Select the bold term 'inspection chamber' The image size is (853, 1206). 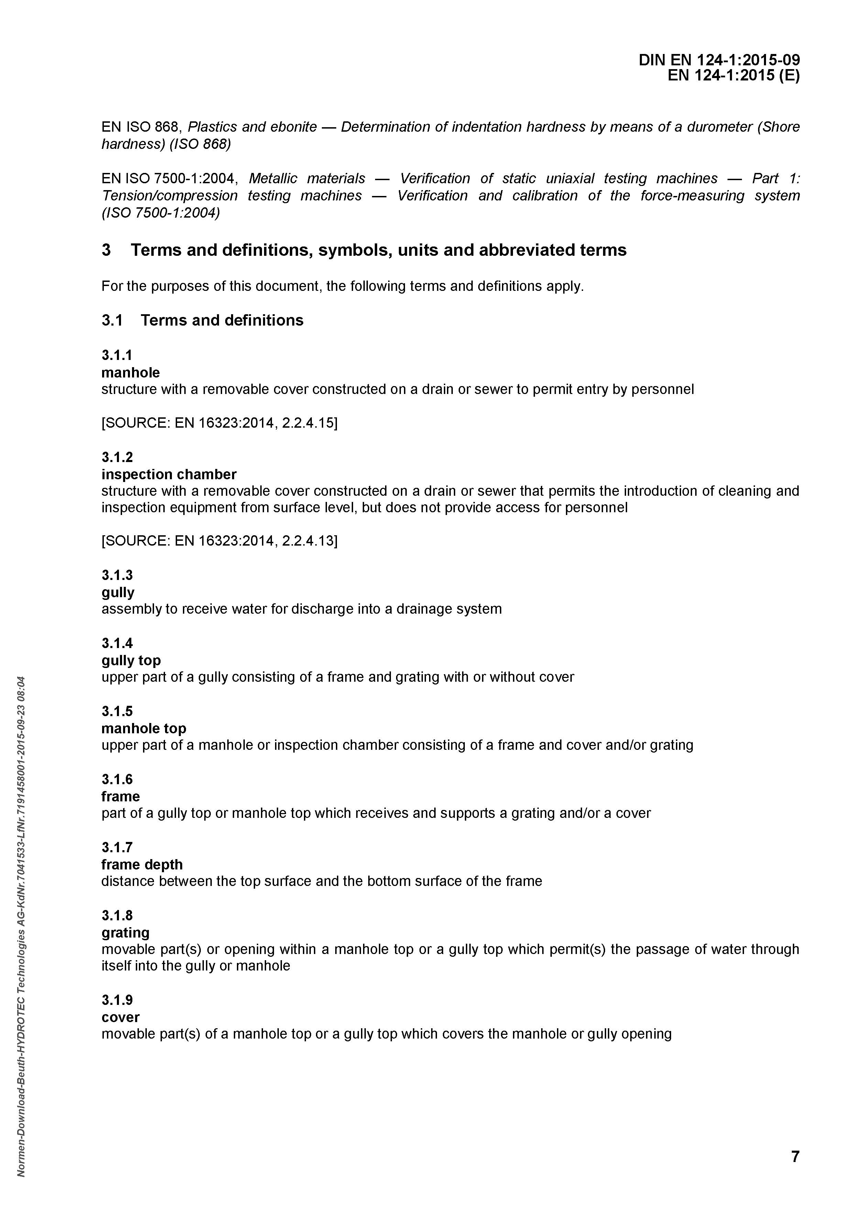(168, 474)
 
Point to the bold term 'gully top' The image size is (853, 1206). (131, 660)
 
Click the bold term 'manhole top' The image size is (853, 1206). (143, 728)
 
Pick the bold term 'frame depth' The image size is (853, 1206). (142, 865)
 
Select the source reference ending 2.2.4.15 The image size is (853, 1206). (219, 423)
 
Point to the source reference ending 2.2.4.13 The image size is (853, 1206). (219, 540)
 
